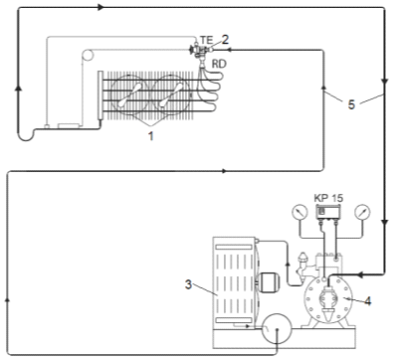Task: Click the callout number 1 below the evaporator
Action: tap(151, 136)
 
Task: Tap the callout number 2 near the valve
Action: tap(225, 40)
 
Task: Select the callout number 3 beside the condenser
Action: tap(188, 284)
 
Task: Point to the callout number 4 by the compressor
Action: tap(367, 300)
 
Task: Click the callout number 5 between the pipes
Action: tap(351, 104)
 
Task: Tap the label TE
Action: tap(206, 40)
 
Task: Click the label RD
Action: tap(219, 64)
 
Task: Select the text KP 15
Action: tap(328, 198)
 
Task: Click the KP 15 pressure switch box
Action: tap(328, 212)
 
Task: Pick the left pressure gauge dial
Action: tap(300, 212)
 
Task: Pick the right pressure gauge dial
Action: tap(362, 212)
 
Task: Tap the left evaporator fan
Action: tap(130, 95)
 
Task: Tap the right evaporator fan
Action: tap(171, 95)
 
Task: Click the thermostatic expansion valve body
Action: tap(200, 51)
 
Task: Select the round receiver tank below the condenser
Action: tap(277, 329)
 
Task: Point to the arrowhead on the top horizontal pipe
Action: tap(101, 7)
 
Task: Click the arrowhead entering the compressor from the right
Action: tap(360, 274)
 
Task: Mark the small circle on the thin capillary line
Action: tap(87, 55)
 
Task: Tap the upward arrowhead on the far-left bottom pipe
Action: tap(7, 300)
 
